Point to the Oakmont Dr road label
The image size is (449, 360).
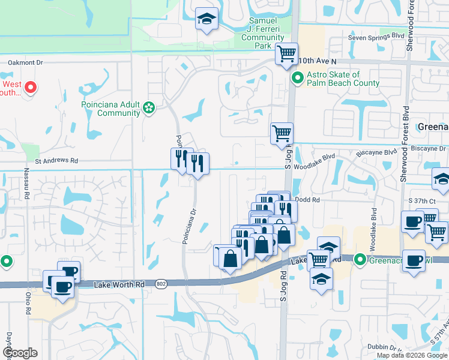click(x=26, y=62)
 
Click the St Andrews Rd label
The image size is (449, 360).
click(x=57, y=161)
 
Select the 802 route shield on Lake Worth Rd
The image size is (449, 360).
click(x=160, y=284)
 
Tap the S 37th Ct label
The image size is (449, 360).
click(x=420, y=199)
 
